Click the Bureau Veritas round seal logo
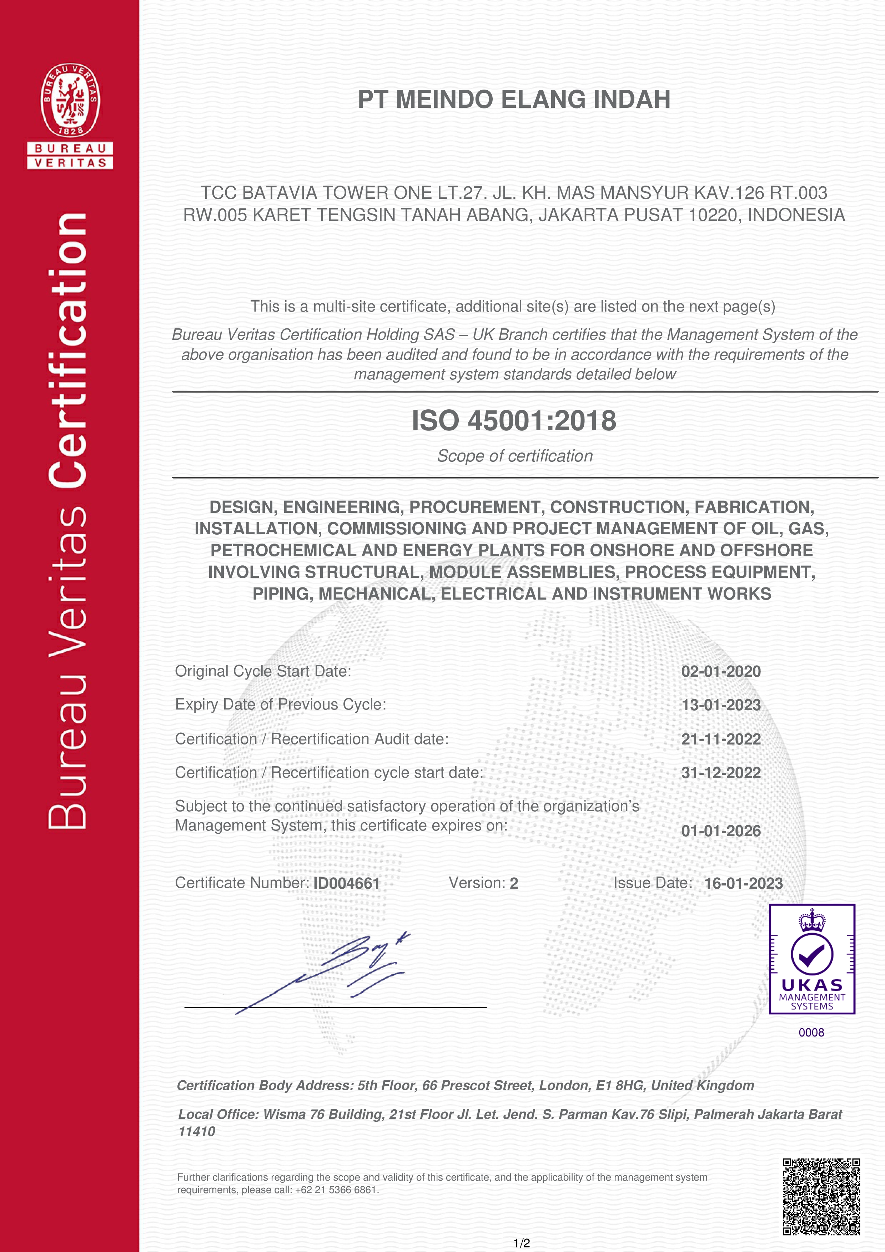coord(70,100)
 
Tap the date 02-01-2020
coord(720,671)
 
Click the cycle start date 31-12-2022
coord(720,773)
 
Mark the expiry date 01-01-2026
coord(720,831)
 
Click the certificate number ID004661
coord(346,883)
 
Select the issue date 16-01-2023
coord(743,883)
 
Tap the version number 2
coord(514,883)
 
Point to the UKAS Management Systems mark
coord(811,959)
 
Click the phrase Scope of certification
coord(514,456)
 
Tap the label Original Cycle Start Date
coord(263,671)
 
